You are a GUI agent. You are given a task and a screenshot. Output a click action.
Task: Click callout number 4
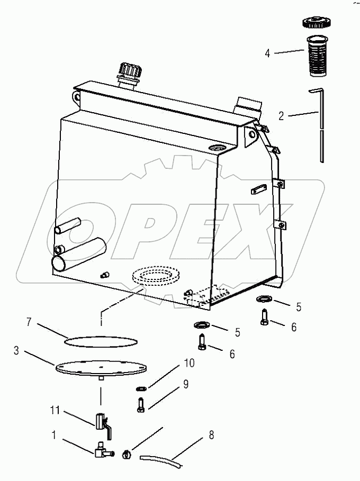pyautogui.click(x=267, y=53)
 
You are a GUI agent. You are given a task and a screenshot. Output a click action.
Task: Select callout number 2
pyautogui.click(x=282, y=116)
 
